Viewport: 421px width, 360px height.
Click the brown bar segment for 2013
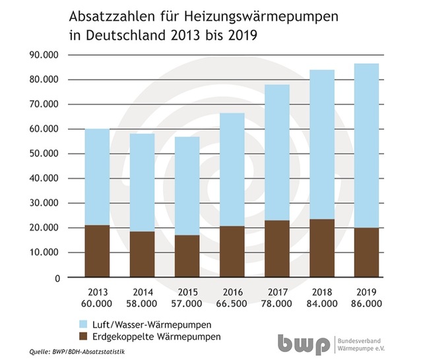tap(97, 251)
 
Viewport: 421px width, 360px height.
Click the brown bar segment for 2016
tap(232, 251)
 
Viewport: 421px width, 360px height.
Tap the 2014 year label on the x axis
tap(142, 291)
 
